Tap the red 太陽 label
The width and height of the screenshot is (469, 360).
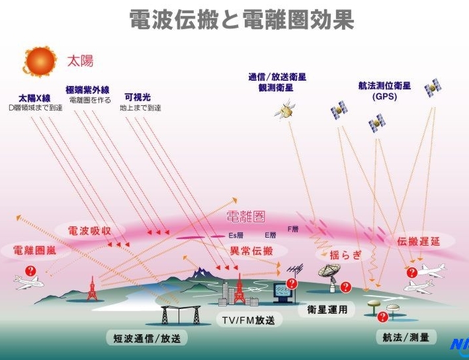[80, 62]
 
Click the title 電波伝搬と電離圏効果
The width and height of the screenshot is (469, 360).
[241, 19]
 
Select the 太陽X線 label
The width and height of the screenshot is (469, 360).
[34, 97]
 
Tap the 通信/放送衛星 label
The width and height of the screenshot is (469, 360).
[277, 77]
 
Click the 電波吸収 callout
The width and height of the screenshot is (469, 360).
[89, 230]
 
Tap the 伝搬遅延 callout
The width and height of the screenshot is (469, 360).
[417, 242]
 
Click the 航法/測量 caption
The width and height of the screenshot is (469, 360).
[405, 337]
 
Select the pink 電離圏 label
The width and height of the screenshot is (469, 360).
[245, 216]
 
